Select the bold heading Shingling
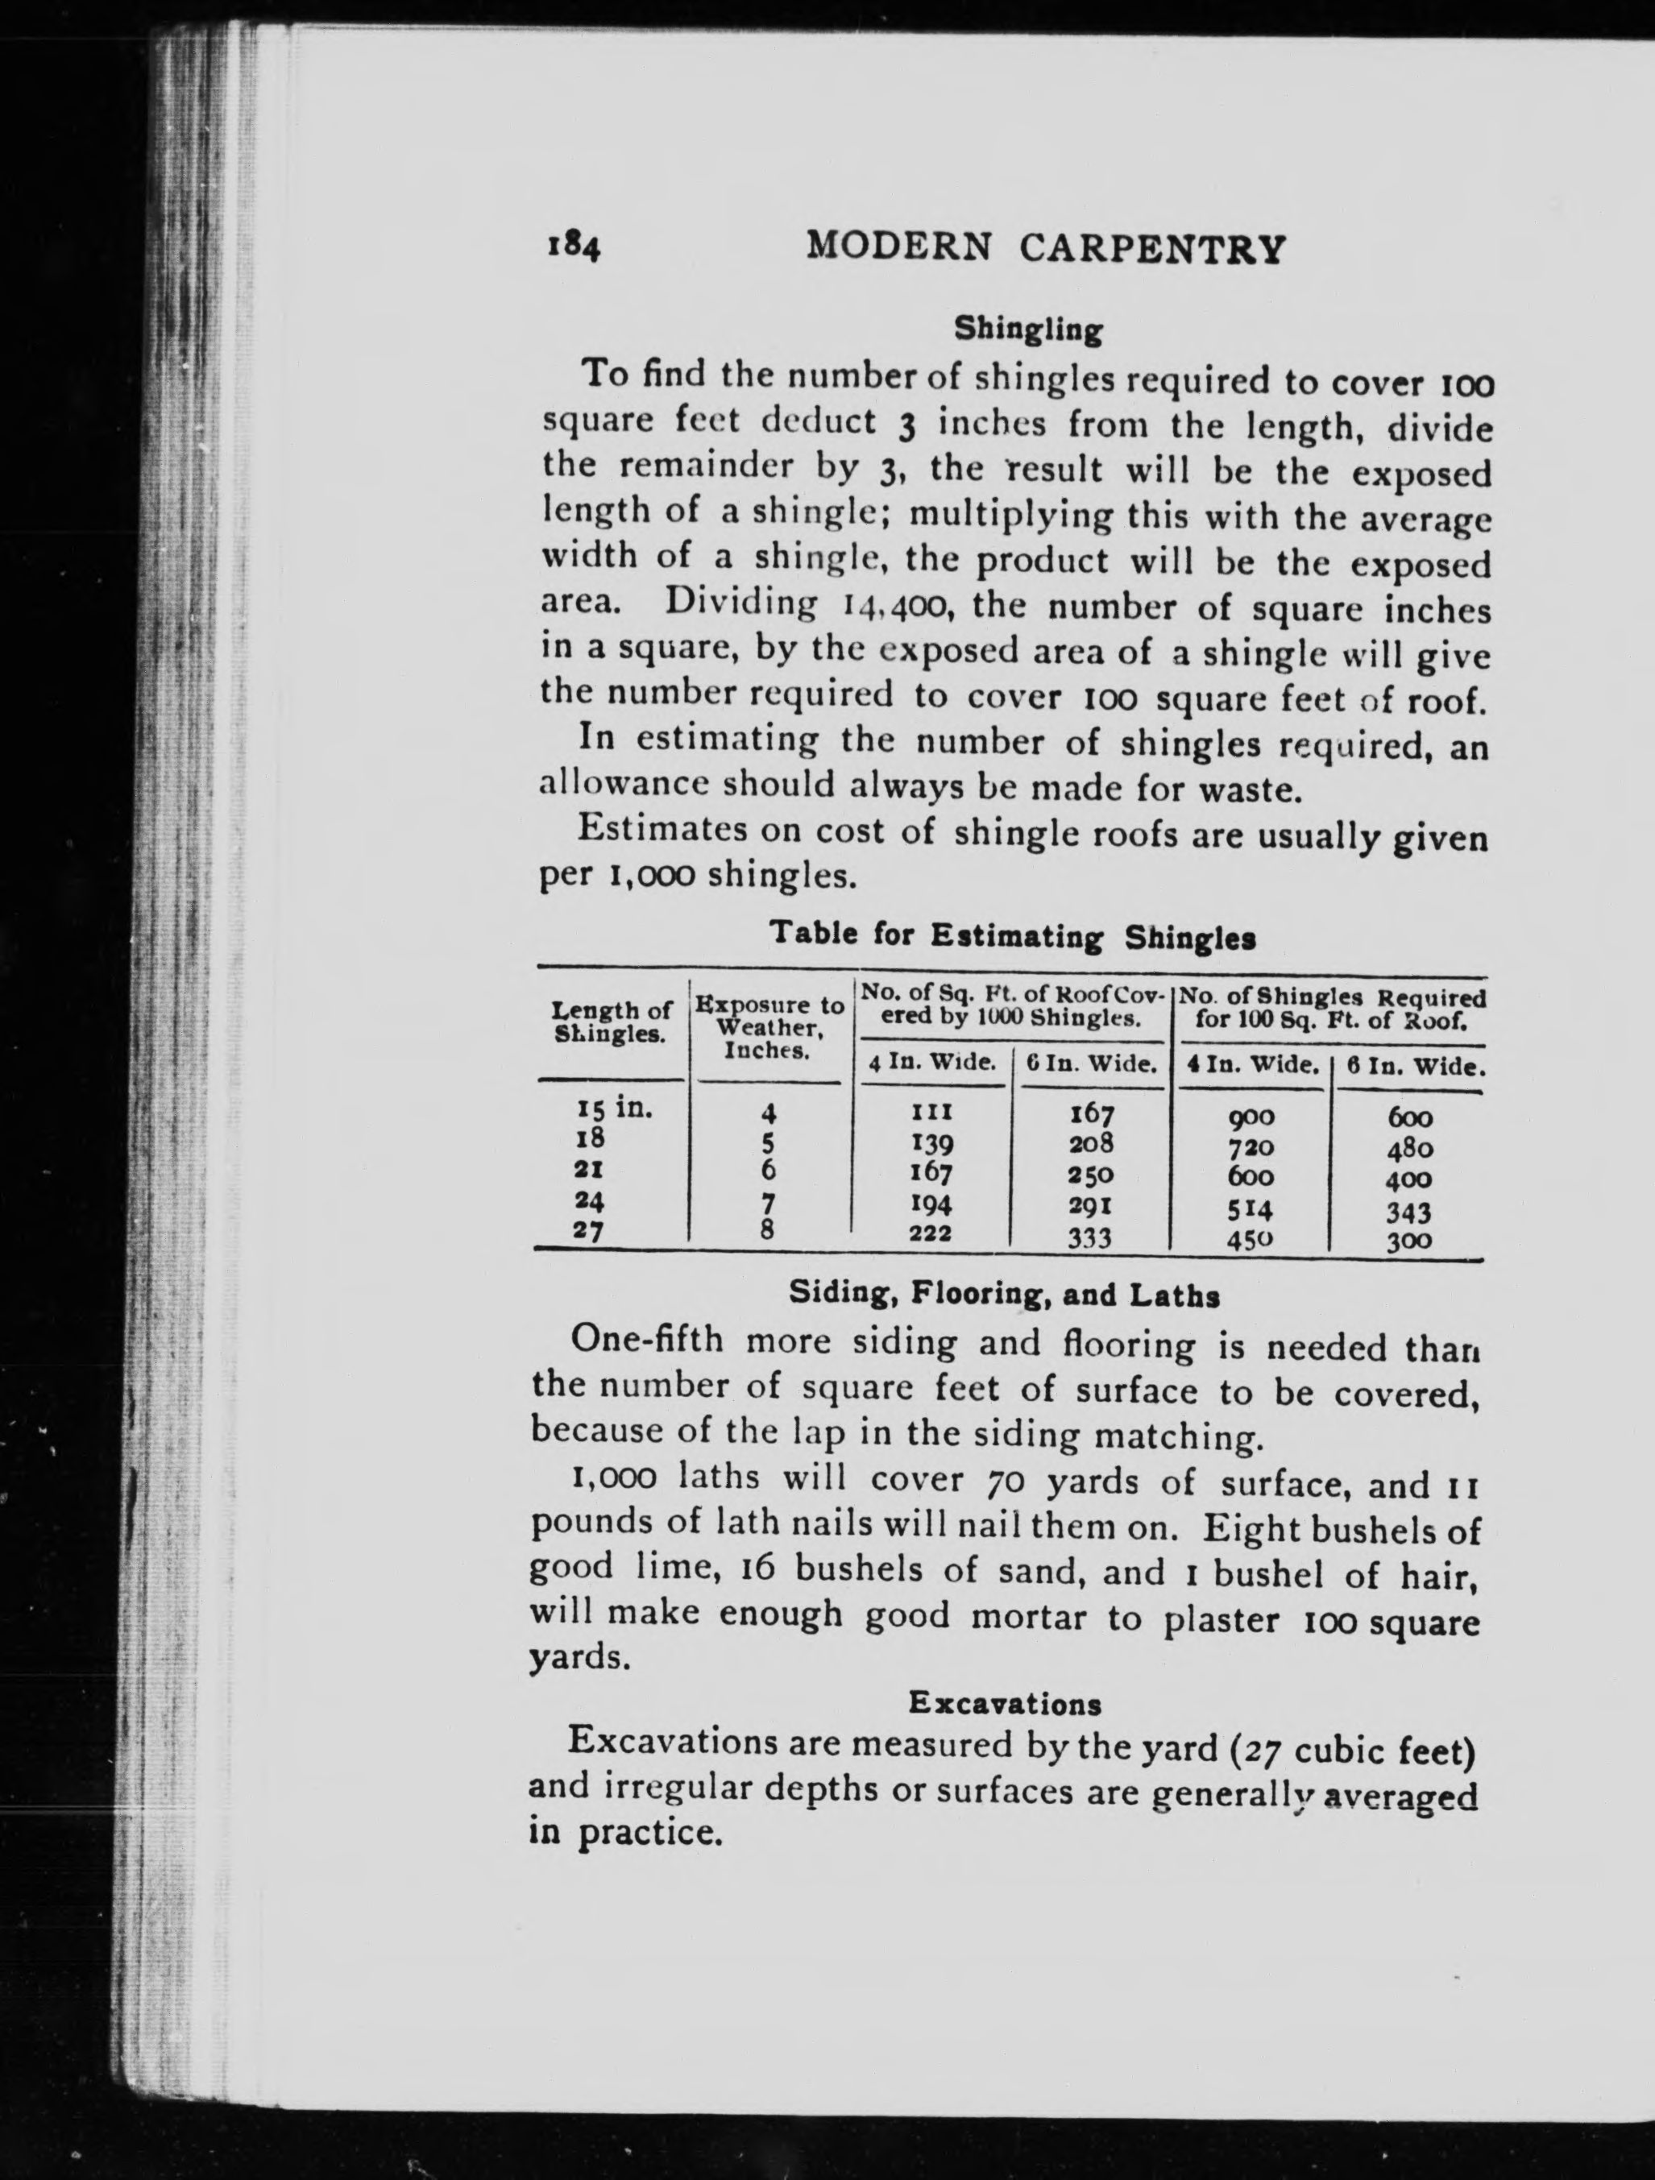click(x=1027, y=329)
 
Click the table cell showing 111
click(x=931, y=1112)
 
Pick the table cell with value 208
click(x=1091, y=1143)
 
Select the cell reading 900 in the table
click(x=1250, y=1117)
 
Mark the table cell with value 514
click(x=1250, y=1208)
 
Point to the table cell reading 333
click(x=1090, y=1237)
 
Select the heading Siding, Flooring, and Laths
click(x=1005, y=1295)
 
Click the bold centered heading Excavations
click(x=1005, y=1703)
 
